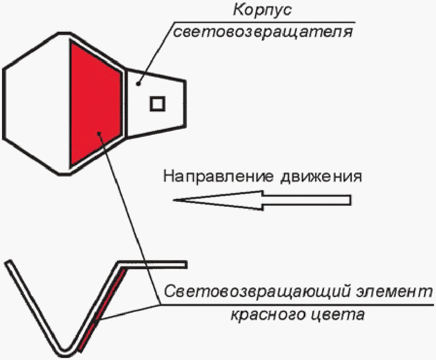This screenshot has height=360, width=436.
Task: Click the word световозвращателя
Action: (x=264, y=32)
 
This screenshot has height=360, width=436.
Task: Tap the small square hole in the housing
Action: (x=158, y=103)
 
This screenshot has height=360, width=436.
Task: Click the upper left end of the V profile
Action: (x=8, y=264)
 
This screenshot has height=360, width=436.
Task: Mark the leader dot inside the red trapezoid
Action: (x=100, y=133)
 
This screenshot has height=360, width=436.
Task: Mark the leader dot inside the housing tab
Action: (x=140, y=83)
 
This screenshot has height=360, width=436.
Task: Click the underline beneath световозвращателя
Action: (x=263, y=22)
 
